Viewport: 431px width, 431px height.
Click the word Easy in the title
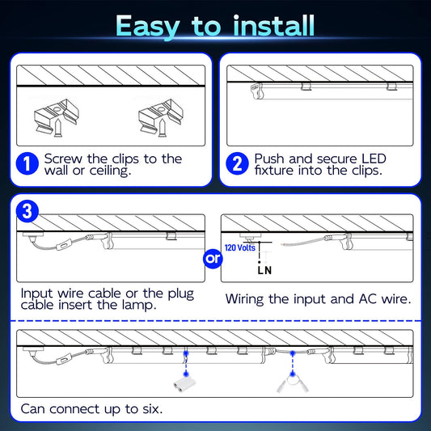(148, 27)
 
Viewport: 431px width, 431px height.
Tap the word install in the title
(273, 25)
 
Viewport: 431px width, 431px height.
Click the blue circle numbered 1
(27, 163)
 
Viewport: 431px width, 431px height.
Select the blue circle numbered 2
(237, 163)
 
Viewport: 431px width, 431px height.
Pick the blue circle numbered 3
(27, 211)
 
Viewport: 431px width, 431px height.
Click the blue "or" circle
(213, 259)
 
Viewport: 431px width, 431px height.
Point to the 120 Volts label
(240, 247)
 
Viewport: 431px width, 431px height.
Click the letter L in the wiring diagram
(260, 270)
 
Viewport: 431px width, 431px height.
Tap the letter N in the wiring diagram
(268, 270)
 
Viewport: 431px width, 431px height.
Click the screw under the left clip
(58, 128)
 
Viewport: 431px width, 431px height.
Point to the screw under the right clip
(163, 128)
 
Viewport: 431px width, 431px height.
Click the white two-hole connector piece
(184, 385)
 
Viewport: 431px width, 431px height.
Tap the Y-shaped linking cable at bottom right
(293, 383)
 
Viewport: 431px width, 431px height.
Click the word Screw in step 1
(63, 158)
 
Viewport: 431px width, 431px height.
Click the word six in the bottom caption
(152, 409)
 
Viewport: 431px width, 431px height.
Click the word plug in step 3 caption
(181, 294)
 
